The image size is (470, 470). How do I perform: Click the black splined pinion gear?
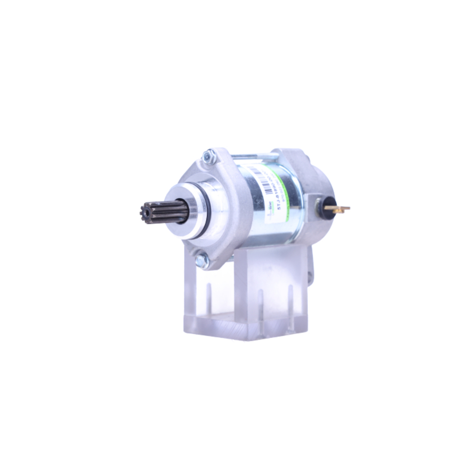[162, 212]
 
